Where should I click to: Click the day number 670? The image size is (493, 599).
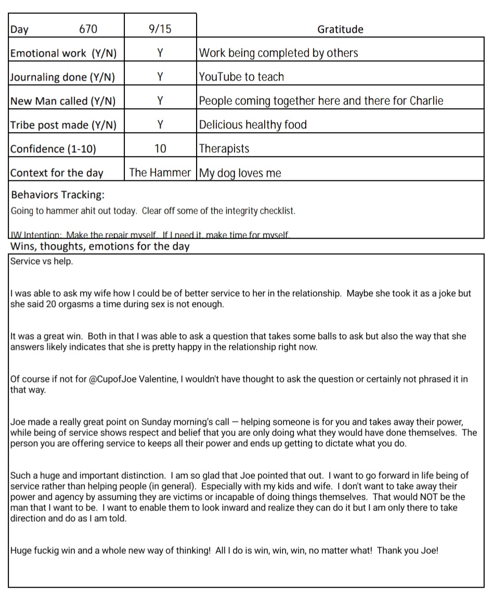(88, 30)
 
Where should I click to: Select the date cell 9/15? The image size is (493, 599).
(160, 30)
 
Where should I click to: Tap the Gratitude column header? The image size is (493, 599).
(340, 30)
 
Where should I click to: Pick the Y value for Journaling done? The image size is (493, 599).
(160, 77)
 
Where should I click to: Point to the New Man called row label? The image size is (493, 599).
(63, 101)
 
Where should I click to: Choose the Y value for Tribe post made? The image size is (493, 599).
(160, 125)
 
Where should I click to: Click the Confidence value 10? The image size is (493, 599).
(160, 149)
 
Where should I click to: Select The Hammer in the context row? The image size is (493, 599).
(160, 173)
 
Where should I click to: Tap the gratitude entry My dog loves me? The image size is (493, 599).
(240, 173)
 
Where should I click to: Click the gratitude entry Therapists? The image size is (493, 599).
(224, 149)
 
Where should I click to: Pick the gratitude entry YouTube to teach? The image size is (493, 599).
(242, 77)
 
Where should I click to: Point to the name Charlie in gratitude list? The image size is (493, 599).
(426, 101)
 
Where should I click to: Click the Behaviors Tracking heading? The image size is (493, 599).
(57, 195)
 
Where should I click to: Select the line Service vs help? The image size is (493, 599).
(42, 262)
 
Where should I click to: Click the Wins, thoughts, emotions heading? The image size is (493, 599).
(100, 246)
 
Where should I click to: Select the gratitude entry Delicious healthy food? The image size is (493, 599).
(253, 125)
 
